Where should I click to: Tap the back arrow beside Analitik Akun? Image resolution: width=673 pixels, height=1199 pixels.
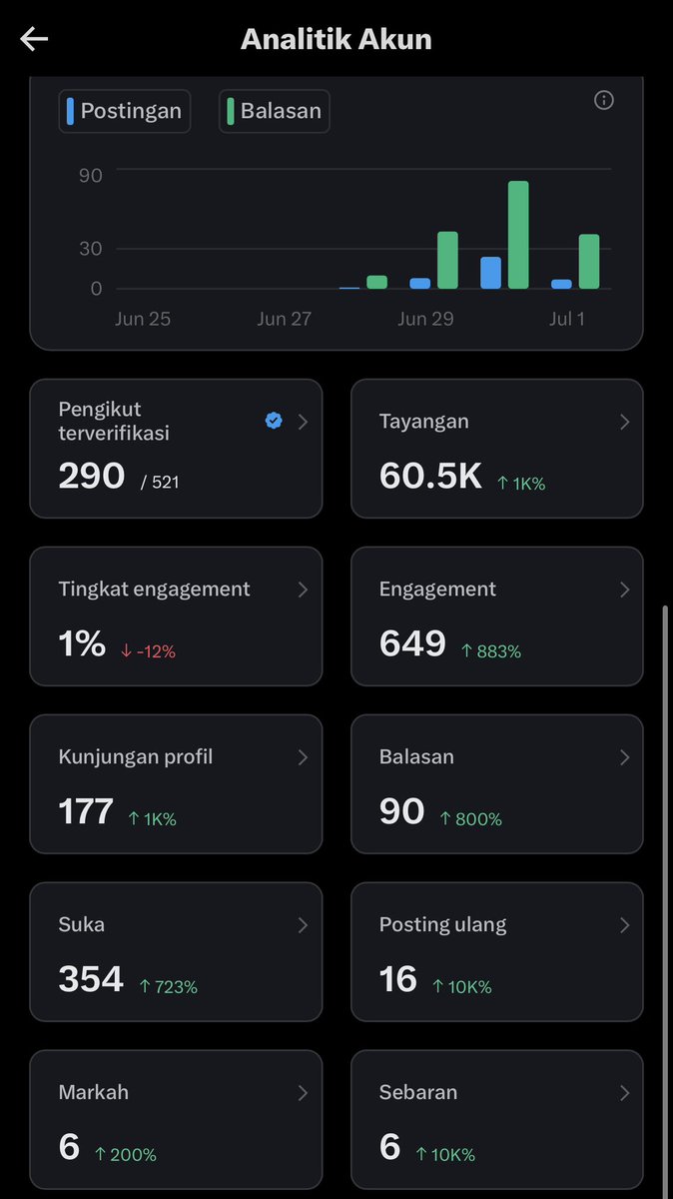tap(34, 40)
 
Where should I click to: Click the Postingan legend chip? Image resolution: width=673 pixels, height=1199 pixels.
tap(125, 111)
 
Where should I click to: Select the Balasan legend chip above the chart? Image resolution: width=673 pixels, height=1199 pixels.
tap(274, 111)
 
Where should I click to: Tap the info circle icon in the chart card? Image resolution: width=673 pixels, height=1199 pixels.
tap(604, 100)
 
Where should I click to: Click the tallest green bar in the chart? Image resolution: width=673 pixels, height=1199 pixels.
tap(518, 235)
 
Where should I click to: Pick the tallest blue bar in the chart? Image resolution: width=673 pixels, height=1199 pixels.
tap(490, 273)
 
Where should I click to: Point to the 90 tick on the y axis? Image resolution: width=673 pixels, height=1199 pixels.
tap(91, 176)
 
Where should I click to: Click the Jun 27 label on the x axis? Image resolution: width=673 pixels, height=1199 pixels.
tap(284, 319)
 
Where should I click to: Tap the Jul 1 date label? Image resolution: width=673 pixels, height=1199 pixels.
tap(566, 319)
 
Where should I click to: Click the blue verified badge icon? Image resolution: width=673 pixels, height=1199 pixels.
tap(274, 421)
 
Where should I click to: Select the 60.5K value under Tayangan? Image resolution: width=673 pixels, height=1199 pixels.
tap(430, 476)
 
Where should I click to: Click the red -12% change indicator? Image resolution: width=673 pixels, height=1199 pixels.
tap(148, 651)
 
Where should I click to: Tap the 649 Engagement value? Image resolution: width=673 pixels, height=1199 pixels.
tap(412, 642)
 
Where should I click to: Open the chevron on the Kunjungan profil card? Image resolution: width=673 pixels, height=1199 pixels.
tap(303, 757)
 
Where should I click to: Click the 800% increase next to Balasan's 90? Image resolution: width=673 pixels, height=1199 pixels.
tap(470, 819)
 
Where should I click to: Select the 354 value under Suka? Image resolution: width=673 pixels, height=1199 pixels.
tap(91, 978)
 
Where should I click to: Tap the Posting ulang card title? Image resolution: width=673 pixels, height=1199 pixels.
tap(443, 925)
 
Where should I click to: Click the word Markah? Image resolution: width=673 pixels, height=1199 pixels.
tap(94, 1092)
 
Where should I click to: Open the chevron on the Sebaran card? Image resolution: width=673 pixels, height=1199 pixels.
tap(624, 1093)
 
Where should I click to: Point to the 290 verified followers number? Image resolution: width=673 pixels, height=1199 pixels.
tap(92, 476)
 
